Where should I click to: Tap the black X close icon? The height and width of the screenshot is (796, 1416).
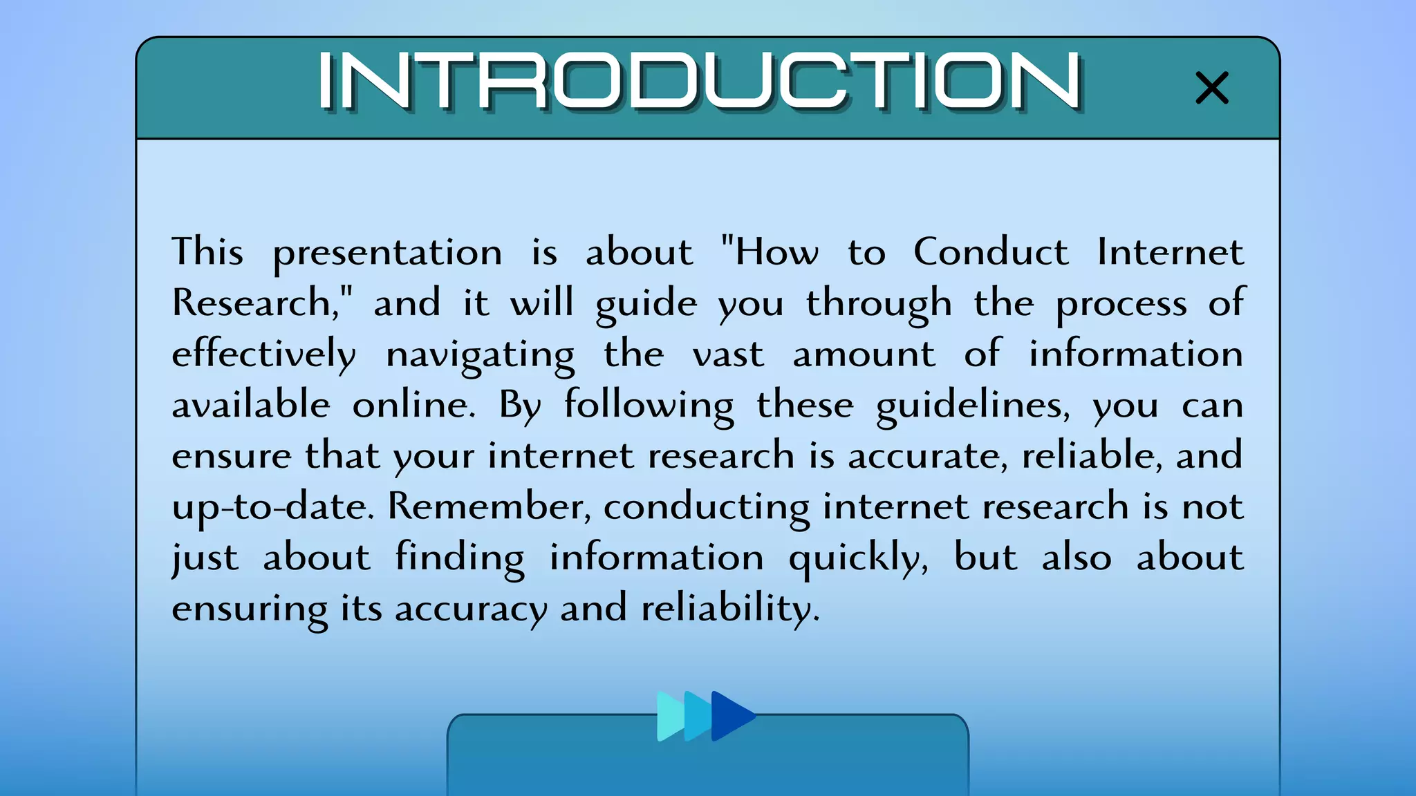1212,88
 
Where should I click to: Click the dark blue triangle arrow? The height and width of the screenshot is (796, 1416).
732,716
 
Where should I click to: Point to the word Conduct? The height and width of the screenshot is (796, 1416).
990,252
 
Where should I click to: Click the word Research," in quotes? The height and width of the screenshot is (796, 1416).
262,303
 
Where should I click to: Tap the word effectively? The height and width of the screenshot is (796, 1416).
263,355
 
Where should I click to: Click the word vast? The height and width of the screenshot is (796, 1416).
728,355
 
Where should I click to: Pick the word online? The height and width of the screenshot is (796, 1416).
413,405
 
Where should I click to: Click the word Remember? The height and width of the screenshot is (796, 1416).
489,506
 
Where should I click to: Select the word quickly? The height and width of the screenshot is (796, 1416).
858,558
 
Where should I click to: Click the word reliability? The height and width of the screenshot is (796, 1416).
730,609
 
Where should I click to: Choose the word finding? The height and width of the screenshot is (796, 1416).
460,558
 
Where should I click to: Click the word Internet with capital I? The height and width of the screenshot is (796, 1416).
1170,252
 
